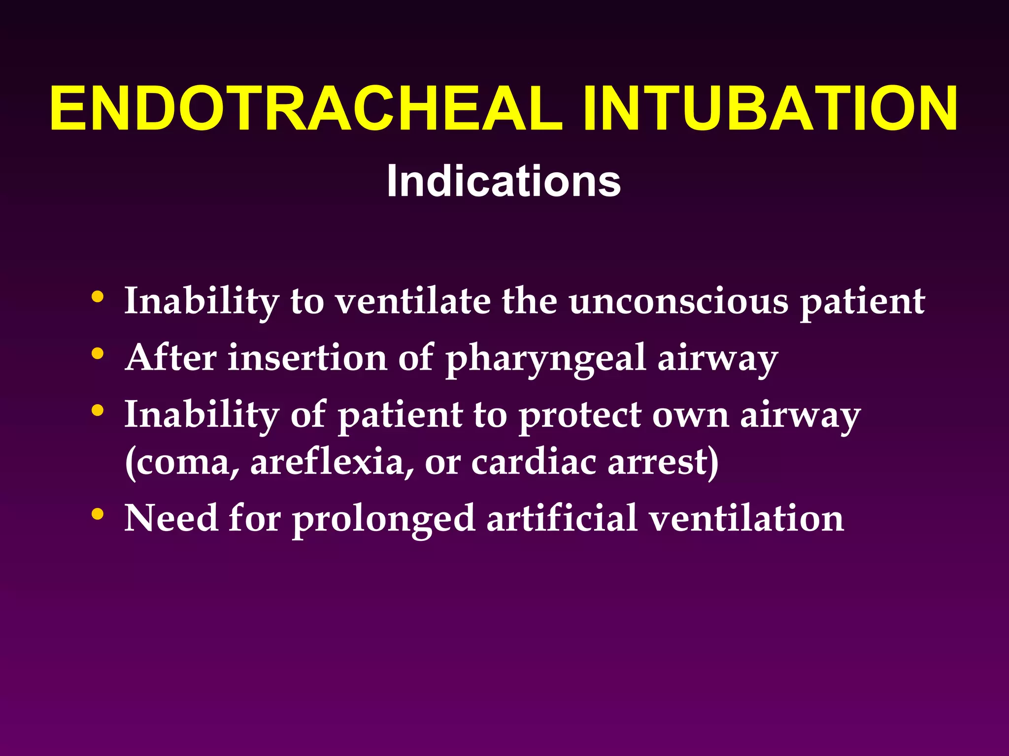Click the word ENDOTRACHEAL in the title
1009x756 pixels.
tap(305, 109)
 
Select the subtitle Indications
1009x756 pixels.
tap(504, 181)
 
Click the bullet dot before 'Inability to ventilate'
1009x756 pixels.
tap(98, 297)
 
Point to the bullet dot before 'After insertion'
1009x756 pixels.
tap(98, 353)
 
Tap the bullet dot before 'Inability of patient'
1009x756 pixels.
tap(98, 410)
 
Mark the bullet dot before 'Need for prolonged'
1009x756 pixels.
tap(98, 514)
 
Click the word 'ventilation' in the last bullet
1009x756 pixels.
tap(746, 518)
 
